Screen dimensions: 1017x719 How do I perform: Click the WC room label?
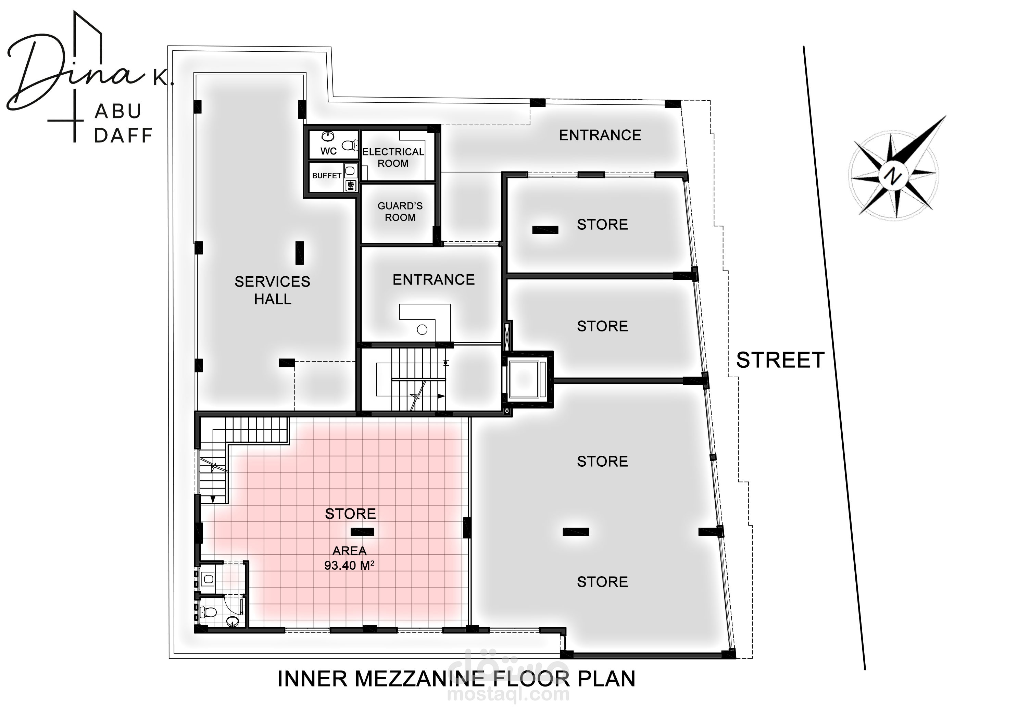[x=328, y=151]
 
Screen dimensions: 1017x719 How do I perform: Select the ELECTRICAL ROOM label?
[x=393, y=157]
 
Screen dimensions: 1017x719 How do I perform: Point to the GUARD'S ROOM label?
[x=400, y=212]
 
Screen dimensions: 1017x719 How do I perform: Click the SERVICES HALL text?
[x=273, y=290]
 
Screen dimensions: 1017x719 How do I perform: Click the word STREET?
[x=780, y=360]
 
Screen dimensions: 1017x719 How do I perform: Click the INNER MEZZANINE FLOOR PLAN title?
[x=456, y=679]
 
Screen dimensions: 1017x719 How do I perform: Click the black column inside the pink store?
[x=362, y=532]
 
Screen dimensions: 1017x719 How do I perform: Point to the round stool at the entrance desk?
[x=422, y=330]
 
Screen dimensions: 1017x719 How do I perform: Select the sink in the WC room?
[x=328, y=136]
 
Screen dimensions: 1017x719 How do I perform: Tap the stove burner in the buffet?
[x=351, y=185]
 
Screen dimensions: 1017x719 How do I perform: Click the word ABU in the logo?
[x=118, y=111]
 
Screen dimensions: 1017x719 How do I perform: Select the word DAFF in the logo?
[x=123, y=135]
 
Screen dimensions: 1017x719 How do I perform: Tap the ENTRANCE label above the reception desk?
[x=434, y=279]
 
